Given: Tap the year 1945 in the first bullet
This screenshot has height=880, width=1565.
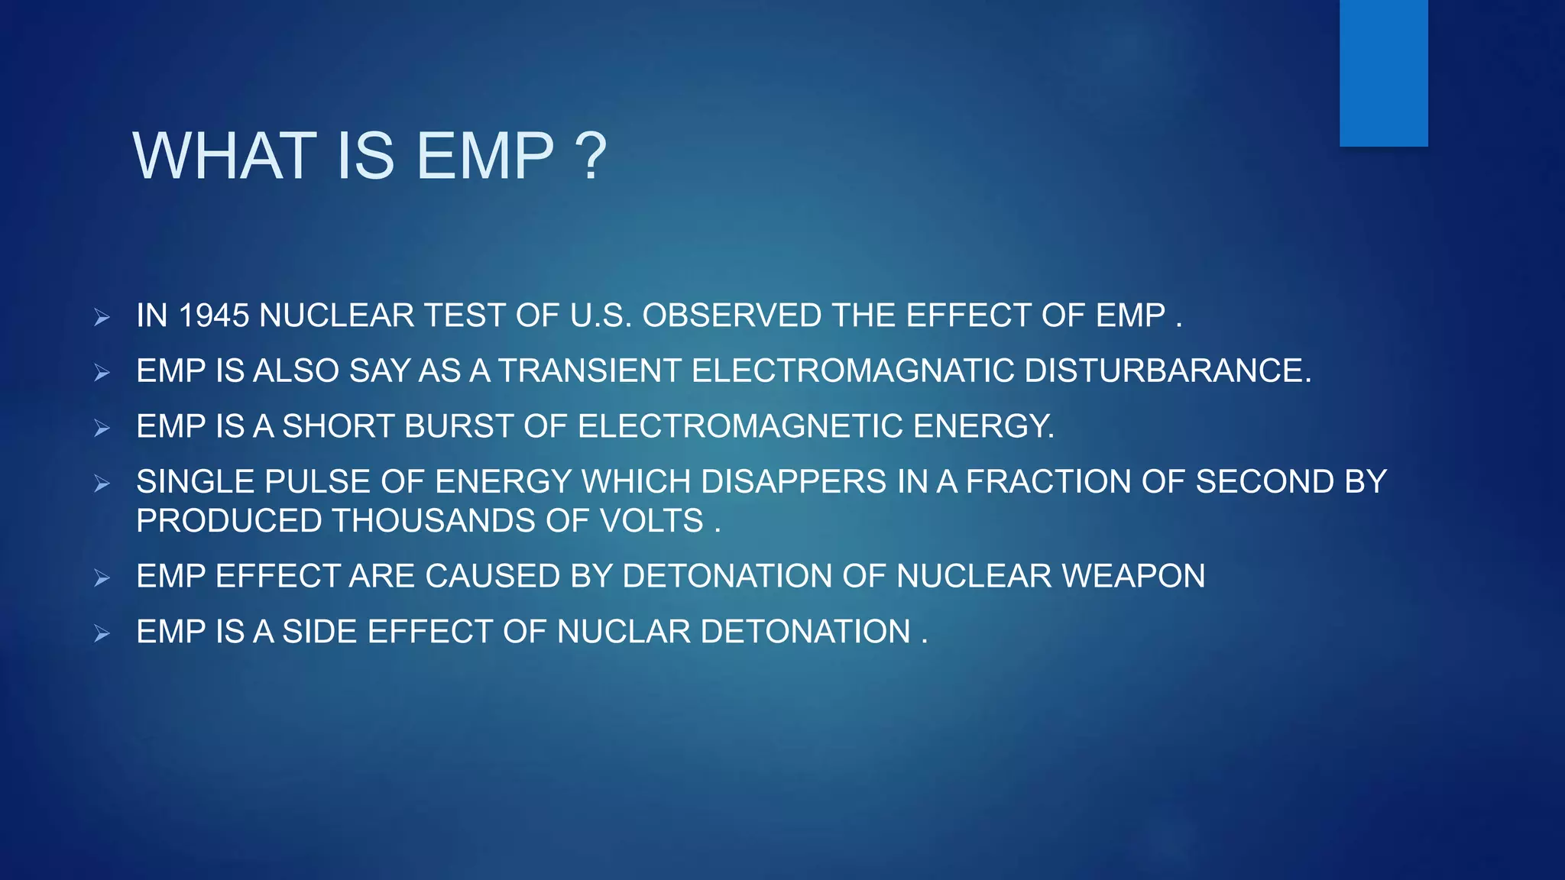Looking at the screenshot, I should click(213, 315).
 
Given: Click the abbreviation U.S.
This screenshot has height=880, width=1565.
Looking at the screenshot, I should click(601, 315).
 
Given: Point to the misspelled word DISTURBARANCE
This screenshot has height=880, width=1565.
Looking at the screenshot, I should click(1167, 370).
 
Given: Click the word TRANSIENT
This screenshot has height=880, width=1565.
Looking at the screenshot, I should click(589, 370).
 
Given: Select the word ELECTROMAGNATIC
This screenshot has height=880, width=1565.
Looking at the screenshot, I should click(853, 370).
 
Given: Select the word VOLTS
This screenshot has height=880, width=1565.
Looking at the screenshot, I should click(651, 521).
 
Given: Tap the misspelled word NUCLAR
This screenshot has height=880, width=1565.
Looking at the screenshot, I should click(624, 632).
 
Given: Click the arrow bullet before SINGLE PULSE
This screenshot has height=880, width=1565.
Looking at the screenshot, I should click(102, 484).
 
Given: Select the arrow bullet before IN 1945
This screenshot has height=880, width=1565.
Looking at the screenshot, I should click(102, 317).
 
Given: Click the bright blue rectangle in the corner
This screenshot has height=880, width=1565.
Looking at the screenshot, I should click(1383, 73).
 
